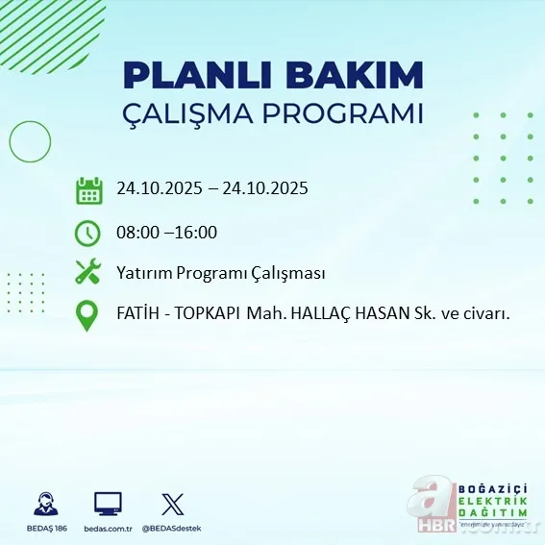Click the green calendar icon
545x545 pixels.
point(88,189)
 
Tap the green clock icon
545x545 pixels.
point(88,233)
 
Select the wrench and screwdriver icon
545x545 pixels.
point(88,273)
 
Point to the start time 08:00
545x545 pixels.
point(137,233)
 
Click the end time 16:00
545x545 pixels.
point(197,233)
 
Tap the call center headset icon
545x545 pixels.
point(43,504)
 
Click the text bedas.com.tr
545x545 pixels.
point(108,529)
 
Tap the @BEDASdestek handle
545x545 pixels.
point(173,529)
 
